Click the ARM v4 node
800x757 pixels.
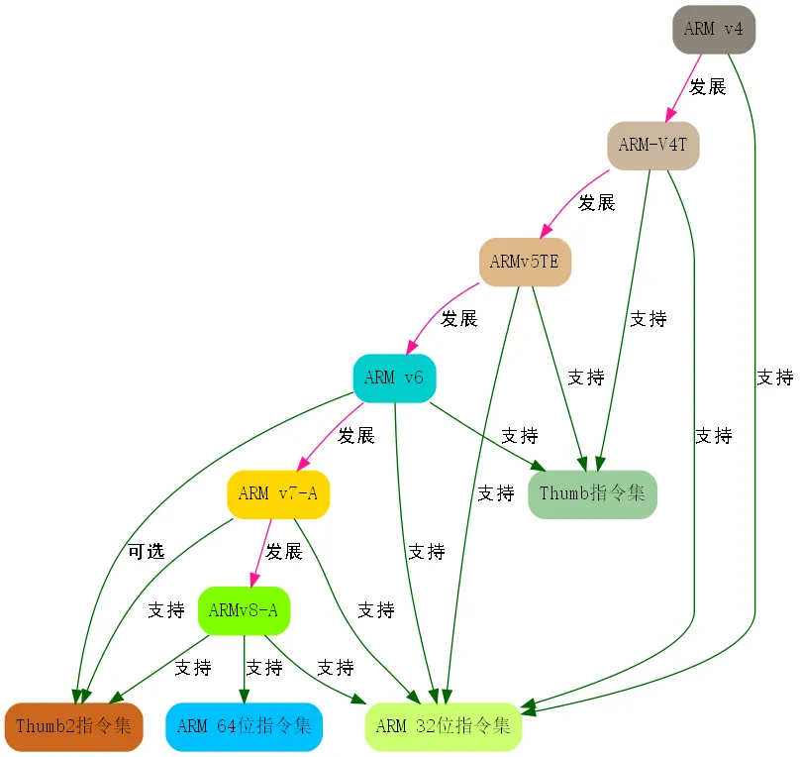click(x=714, y=29)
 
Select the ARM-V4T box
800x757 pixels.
click(x=653, y=146)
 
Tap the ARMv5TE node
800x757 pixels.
click(x=525, y=262)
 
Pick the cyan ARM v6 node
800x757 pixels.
click(x=394, y=378)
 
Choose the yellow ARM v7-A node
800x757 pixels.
click(x=278, y=494)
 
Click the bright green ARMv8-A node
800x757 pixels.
click(x=244, y=610)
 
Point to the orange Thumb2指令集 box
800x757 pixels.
click(x=73, y=726)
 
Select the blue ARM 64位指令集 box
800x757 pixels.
click(x=244, y=726)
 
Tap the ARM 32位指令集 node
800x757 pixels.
click(x=444, y=726)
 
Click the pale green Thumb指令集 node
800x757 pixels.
click(x=592, y=494)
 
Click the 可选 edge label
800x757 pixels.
click(x=147, y=551)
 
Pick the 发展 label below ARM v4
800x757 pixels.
click(x=708, y=87)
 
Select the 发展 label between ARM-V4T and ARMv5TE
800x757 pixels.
click(x=596, y=203)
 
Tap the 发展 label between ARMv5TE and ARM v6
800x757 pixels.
click(x=459, y=319)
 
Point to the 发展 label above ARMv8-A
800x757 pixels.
click(x=284, y=551)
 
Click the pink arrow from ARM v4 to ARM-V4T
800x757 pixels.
click(x=683, y=88)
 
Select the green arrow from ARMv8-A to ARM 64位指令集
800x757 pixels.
click(x=244, y=669)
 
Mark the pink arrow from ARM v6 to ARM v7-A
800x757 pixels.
click(x=330, y=436)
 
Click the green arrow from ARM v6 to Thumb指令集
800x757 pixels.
click(x=487, y=436)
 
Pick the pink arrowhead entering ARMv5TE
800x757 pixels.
click(x=547, y=231)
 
